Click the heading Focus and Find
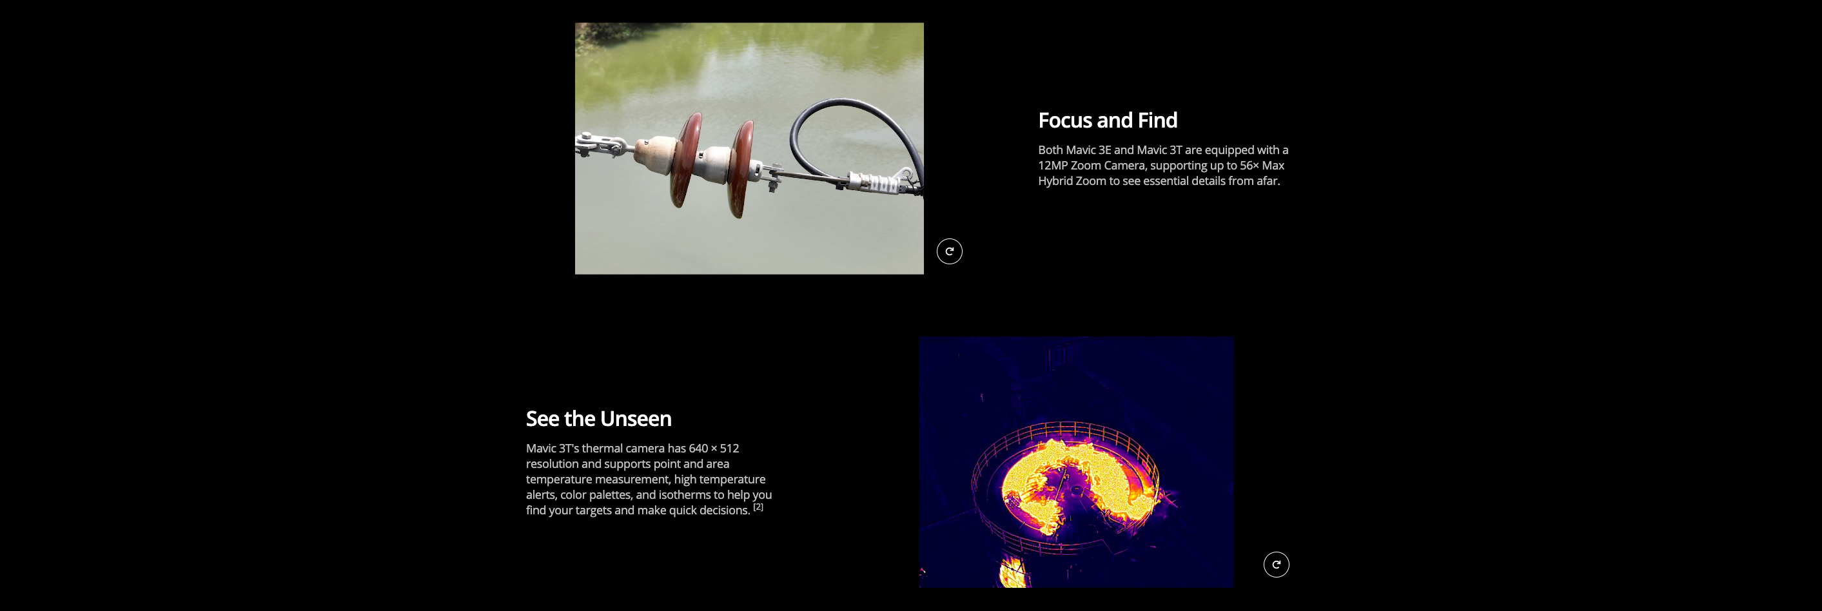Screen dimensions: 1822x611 [x=1108, y=121]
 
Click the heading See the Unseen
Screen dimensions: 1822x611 [x=598, y=419]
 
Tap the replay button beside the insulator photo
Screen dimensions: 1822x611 [x=949, y=251]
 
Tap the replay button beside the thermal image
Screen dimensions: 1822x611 [x=1276, y=565]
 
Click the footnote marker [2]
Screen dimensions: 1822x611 [x=758, y=507]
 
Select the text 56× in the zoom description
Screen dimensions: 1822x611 [x=1249, y=166]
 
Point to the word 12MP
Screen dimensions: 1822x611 [x=1052, y=166]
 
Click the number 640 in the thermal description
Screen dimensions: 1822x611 [x=698, y=449]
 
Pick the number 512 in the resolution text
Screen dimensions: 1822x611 [x=729, y=449]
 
